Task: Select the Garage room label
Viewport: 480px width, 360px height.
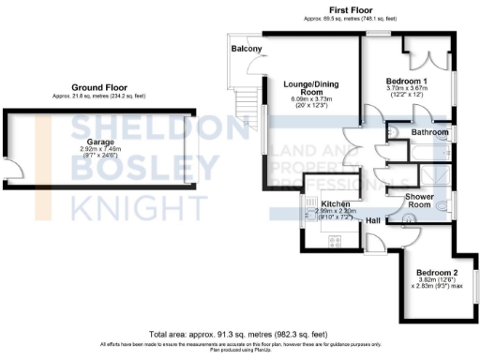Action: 100,142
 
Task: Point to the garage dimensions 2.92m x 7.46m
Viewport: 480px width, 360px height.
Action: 100,152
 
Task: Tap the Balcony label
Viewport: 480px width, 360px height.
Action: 247,49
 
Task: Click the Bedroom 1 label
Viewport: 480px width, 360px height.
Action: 406,82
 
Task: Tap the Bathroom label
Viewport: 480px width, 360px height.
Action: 429,133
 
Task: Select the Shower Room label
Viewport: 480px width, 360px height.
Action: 418,201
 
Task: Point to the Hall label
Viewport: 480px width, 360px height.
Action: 373,220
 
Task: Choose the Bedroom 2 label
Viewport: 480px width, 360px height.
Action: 433,271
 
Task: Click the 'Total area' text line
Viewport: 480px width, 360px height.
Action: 239,334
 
